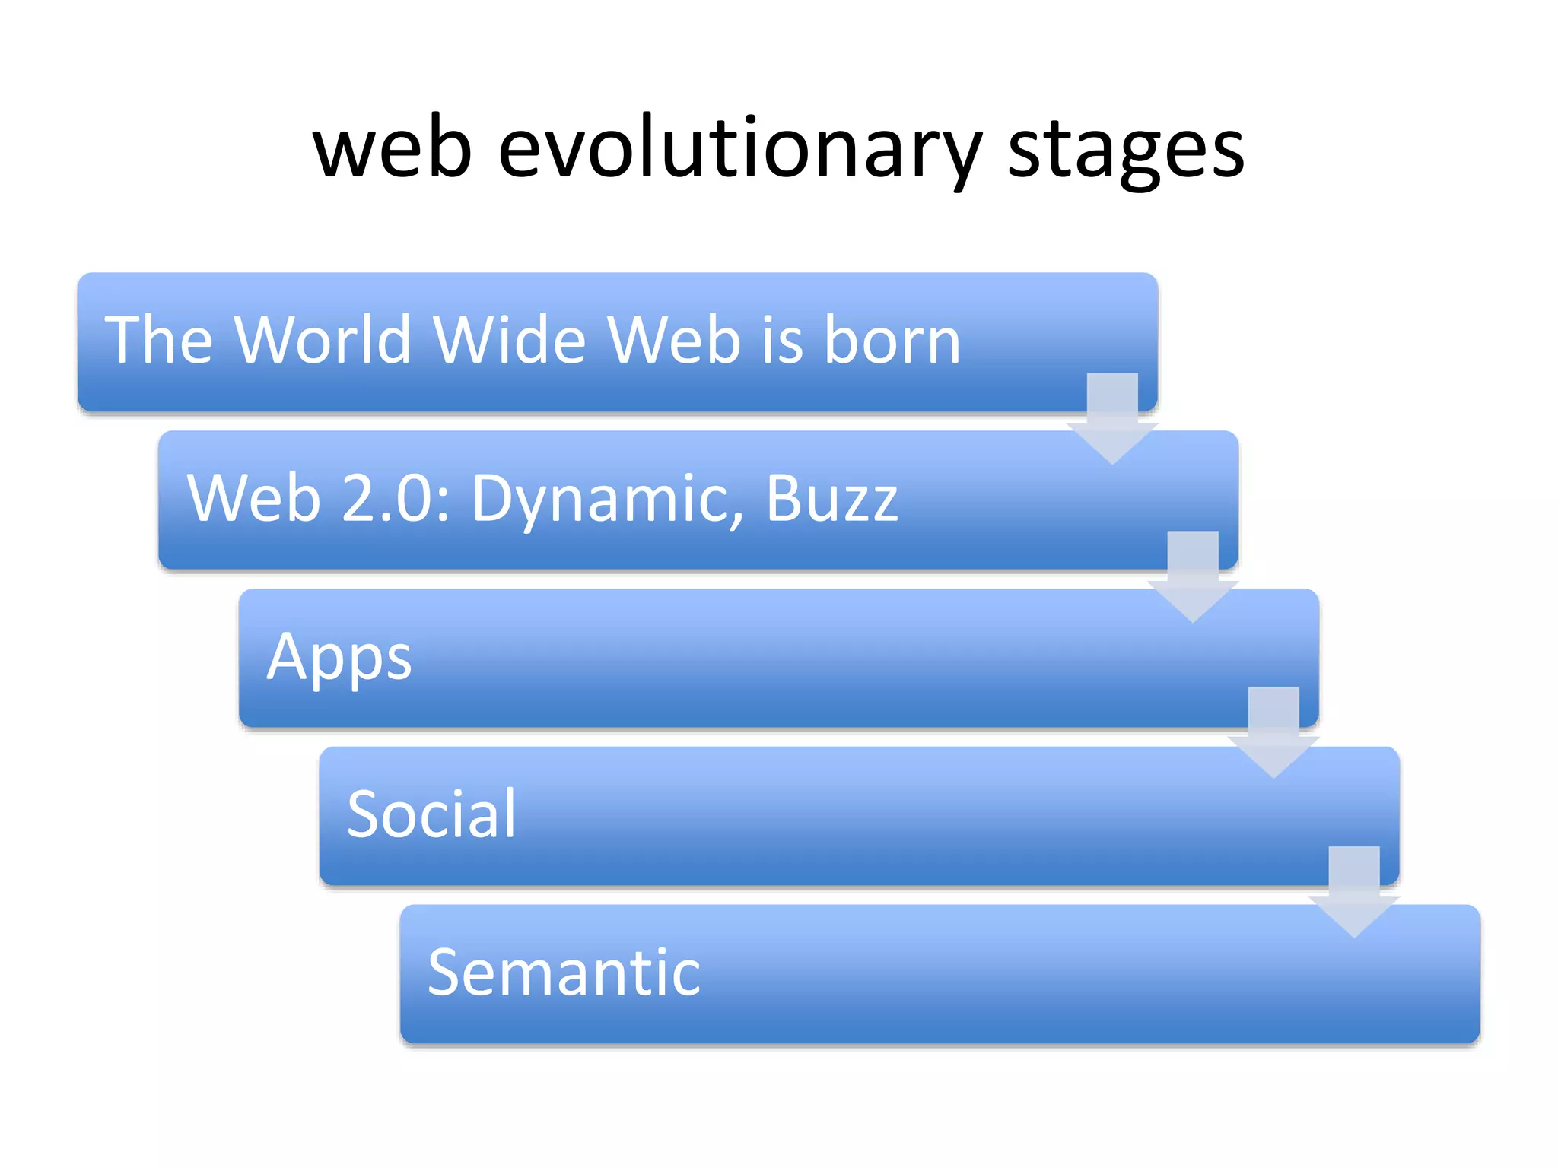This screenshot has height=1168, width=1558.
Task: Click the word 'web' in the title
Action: [393, 151]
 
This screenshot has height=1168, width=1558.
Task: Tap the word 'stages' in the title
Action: [1125, 151]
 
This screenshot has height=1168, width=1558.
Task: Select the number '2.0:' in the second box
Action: [396, 498]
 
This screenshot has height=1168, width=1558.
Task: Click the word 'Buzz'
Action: [831, 498]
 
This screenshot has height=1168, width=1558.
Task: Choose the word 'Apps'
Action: [339, 658]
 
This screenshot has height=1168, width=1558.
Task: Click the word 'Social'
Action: [431, 814]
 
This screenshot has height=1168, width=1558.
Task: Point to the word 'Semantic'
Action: [564, 973]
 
